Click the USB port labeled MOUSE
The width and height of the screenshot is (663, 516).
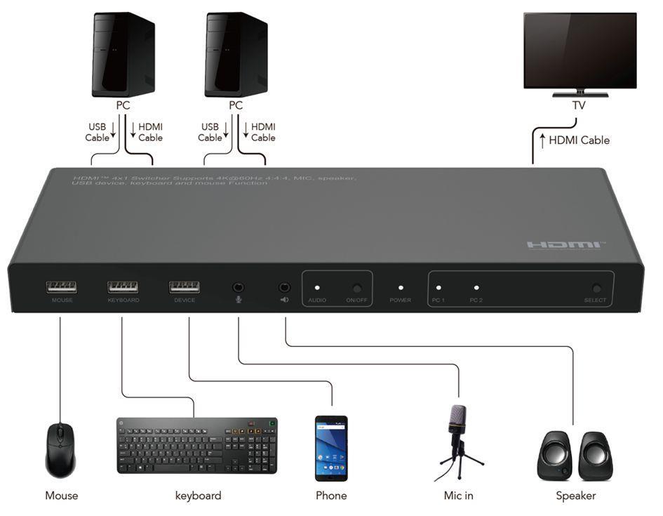click(x=62, y=286)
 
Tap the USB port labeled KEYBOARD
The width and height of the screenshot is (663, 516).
click(x=123, y=286)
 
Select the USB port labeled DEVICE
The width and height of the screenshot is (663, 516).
click(x=184, y=286)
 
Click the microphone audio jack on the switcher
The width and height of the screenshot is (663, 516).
click(x=239, y=287)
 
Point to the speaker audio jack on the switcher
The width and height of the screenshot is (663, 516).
click(x=285, y=287)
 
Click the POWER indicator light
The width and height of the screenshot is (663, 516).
click(x=401, y=287)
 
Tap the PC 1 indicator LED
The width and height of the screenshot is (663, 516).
click(x=438, y=287)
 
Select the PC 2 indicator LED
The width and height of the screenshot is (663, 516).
click(x=476, y=287)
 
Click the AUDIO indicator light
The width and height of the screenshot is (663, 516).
click(x=317, y=287)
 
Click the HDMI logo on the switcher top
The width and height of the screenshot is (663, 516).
click(x=564, y=245)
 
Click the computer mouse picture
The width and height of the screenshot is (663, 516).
click(x=60, y=450)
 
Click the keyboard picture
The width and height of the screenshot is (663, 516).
click(x=197, y=445)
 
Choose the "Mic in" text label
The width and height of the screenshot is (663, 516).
click(x=458, y=496)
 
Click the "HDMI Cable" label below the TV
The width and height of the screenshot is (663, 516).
click(x=579, y=140)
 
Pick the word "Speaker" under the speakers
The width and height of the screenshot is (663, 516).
click(x=575, y=496)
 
